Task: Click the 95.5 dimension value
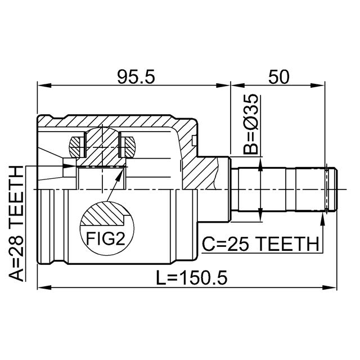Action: click(136, 76)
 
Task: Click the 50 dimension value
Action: click(279, 76)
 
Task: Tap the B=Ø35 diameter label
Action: click(251, 124)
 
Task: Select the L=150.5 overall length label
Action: click(192, 277)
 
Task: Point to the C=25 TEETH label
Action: click(260, 244)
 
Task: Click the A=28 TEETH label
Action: click(16, 223)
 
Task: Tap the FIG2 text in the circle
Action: click(105, 238)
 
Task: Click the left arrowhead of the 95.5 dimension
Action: click(44, 85)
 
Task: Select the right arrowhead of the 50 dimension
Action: click(318, 85)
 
